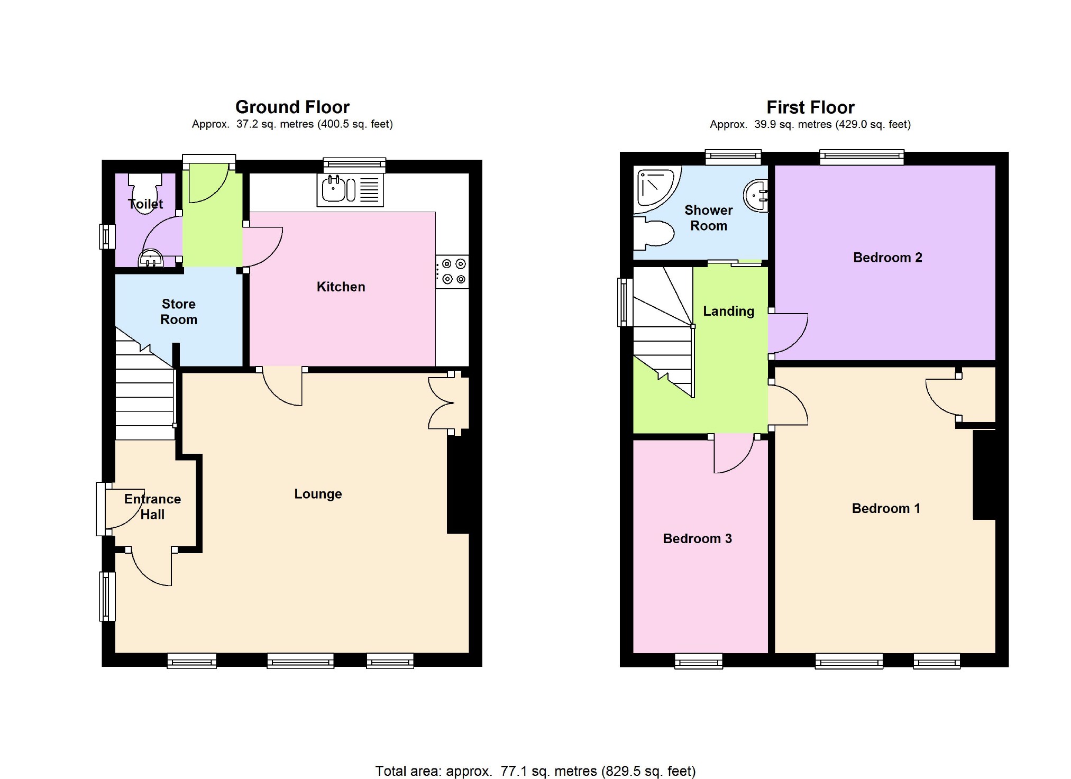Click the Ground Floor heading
pos(292,107)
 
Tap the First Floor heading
pos(810,108)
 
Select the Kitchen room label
pos(341,287)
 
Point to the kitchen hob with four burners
pos(452,272)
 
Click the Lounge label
pos(318,494)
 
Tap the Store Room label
pos(179,311)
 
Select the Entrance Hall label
pos(152,507)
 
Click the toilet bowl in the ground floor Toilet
pos(145,193)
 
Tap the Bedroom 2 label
pos(887,258)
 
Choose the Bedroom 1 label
pos(886,508)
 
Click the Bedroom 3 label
pos(697,538)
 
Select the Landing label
pos(728,311)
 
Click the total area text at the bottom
pos(535,771)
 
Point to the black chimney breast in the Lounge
pos(458,484)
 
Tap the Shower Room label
pos(709,218)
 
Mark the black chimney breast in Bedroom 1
pos(984,474)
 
